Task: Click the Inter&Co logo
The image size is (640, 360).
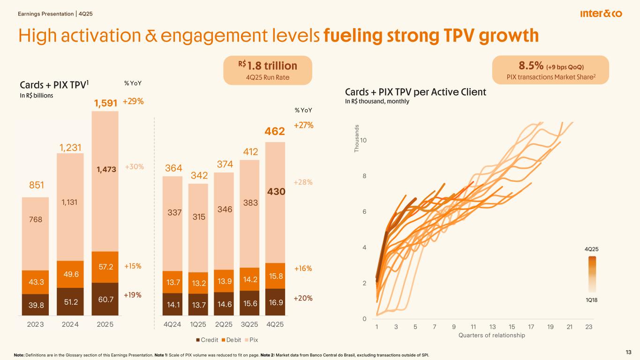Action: click(x=601, y=14)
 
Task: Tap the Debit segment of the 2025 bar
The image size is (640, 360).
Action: click(x=105, y=267)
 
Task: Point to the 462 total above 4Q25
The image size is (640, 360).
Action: click(x=275, y=132)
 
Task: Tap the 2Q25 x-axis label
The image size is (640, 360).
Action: click(x=224, y=325)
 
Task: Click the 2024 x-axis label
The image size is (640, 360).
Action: click(x=70, y=325)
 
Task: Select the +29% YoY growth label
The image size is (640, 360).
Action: click(x=133, y=102)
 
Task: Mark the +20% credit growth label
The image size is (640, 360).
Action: click(x=303, y=298)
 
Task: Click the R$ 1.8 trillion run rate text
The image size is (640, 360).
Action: click(x=267, y=65)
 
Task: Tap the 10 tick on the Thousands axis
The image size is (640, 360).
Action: click(x=364, y=141)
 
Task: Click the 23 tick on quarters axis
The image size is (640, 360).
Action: click(x=589, y=327)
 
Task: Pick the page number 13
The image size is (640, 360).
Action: click(x=629, y=352)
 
